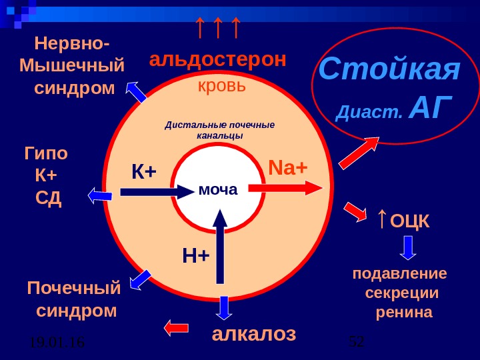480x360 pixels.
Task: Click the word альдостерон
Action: click(x=217, y=59)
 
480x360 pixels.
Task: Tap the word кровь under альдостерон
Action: click(x=222, y=86)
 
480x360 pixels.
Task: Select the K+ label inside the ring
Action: click(x=143, y=172)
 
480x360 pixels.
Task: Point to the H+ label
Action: click(x=196, y=255)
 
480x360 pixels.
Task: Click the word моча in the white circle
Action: click(x=218, y=190)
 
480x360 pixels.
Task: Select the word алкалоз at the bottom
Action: click(x=253, y=333)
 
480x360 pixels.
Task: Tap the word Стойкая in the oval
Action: click(x=389, y=69)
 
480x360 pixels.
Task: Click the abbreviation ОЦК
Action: click(x=410, y=221)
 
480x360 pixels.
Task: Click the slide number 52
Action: click(x=357, y=342)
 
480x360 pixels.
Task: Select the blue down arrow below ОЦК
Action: click(x=409, y=247)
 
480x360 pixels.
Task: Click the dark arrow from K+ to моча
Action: click(x=157, y=192)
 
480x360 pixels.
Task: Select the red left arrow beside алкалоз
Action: click(x=177, y=327)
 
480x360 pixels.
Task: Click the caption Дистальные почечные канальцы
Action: click(x=220, y=130)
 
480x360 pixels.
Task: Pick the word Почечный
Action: click(x=74, y=289)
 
